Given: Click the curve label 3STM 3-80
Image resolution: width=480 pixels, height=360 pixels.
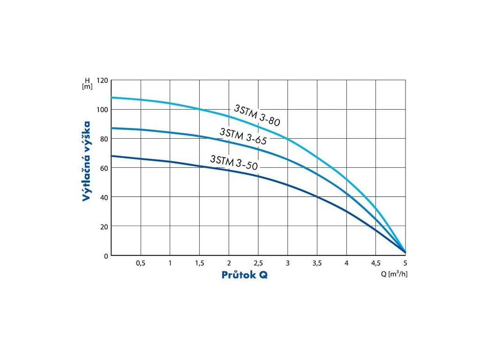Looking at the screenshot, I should point(257,115).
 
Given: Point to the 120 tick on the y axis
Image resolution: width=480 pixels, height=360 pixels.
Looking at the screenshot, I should point(102,81).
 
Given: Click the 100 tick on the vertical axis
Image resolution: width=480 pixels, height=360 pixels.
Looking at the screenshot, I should point(102,110).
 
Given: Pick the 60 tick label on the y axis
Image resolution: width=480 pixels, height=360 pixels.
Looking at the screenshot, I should point(104,168).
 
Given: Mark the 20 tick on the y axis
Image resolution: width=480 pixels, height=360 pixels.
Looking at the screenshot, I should point(104,226).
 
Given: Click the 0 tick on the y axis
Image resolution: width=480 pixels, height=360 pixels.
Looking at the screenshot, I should point(106,256).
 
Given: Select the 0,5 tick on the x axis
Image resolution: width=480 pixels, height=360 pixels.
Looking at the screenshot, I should point(141,263).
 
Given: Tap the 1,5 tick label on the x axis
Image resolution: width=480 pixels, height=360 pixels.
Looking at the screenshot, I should point(199,263).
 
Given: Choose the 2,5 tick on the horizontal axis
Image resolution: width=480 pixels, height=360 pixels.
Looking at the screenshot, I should point(258,263).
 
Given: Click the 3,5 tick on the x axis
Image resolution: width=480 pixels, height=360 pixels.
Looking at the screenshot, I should point(317,263).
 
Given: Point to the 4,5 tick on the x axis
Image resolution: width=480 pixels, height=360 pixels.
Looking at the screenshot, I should point(376,263).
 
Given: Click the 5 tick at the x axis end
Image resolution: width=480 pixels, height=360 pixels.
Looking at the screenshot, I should point(405,263).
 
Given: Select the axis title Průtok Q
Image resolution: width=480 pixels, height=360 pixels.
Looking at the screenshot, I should point(245,275).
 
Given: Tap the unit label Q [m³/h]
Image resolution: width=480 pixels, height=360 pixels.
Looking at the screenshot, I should point(394,274).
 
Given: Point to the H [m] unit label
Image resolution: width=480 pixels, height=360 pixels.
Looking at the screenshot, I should point(87,83).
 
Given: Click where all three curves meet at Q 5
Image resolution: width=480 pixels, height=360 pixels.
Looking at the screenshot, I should point(405,252).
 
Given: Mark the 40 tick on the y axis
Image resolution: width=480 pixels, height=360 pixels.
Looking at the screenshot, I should point(104,197).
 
